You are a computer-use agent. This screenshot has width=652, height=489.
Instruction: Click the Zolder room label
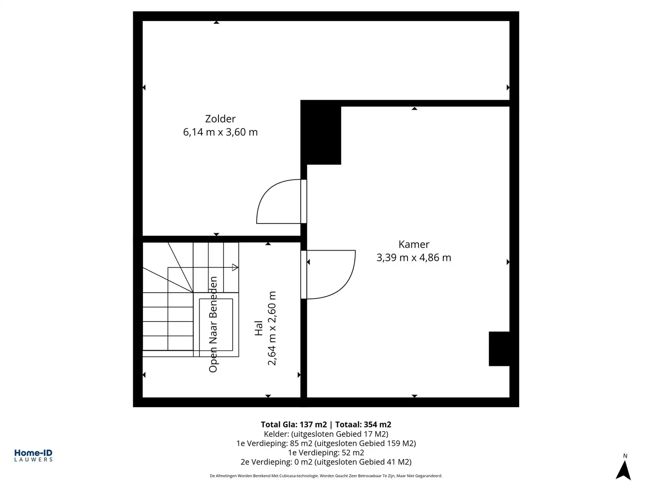coord(220,119)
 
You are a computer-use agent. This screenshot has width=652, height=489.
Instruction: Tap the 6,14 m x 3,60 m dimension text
coord(220,132)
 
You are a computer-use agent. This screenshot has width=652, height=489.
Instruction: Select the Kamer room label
coord(414,244)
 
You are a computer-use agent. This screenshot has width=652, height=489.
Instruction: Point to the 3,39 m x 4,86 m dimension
coord(414,258)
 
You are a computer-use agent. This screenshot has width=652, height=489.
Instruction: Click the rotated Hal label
coord(259,328)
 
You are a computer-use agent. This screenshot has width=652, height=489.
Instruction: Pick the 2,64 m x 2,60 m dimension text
coord(272,328)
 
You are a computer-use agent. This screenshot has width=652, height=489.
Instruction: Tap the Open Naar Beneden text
coord(213,324)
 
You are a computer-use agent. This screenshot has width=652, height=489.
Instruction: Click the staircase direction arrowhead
coord(235,268)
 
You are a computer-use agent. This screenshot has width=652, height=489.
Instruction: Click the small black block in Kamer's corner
coord(499,349)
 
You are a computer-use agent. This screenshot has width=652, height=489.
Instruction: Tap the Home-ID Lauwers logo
coord(33,455)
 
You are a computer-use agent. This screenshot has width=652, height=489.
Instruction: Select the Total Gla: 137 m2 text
coord(293,424)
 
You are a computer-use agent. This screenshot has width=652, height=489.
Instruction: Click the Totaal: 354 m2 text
coord(363,424)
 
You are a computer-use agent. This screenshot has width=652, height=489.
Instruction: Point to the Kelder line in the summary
coord(326,434)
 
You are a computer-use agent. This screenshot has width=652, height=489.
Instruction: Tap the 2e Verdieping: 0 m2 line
coord(326,462)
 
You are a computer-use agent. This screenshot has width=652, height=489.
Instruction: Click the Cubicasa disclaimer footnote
coord(326,476)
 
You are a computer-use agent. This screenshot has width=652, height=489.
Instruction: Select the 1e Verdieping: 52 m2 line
coord(326,452)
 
